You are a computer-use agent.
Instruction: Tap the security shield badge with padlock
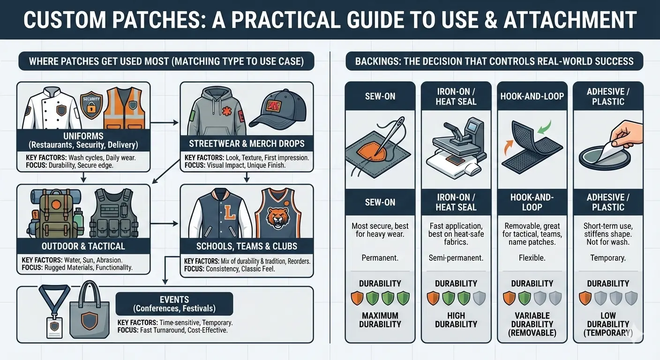pos(91,107)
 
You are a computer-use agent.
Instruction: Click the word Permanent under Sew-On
pos(380,258)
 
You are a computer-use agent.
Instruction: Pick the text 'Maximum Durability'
pos(380,320)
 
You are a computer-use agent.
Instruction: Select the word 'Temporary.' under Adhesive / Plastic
pos(608,258)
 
